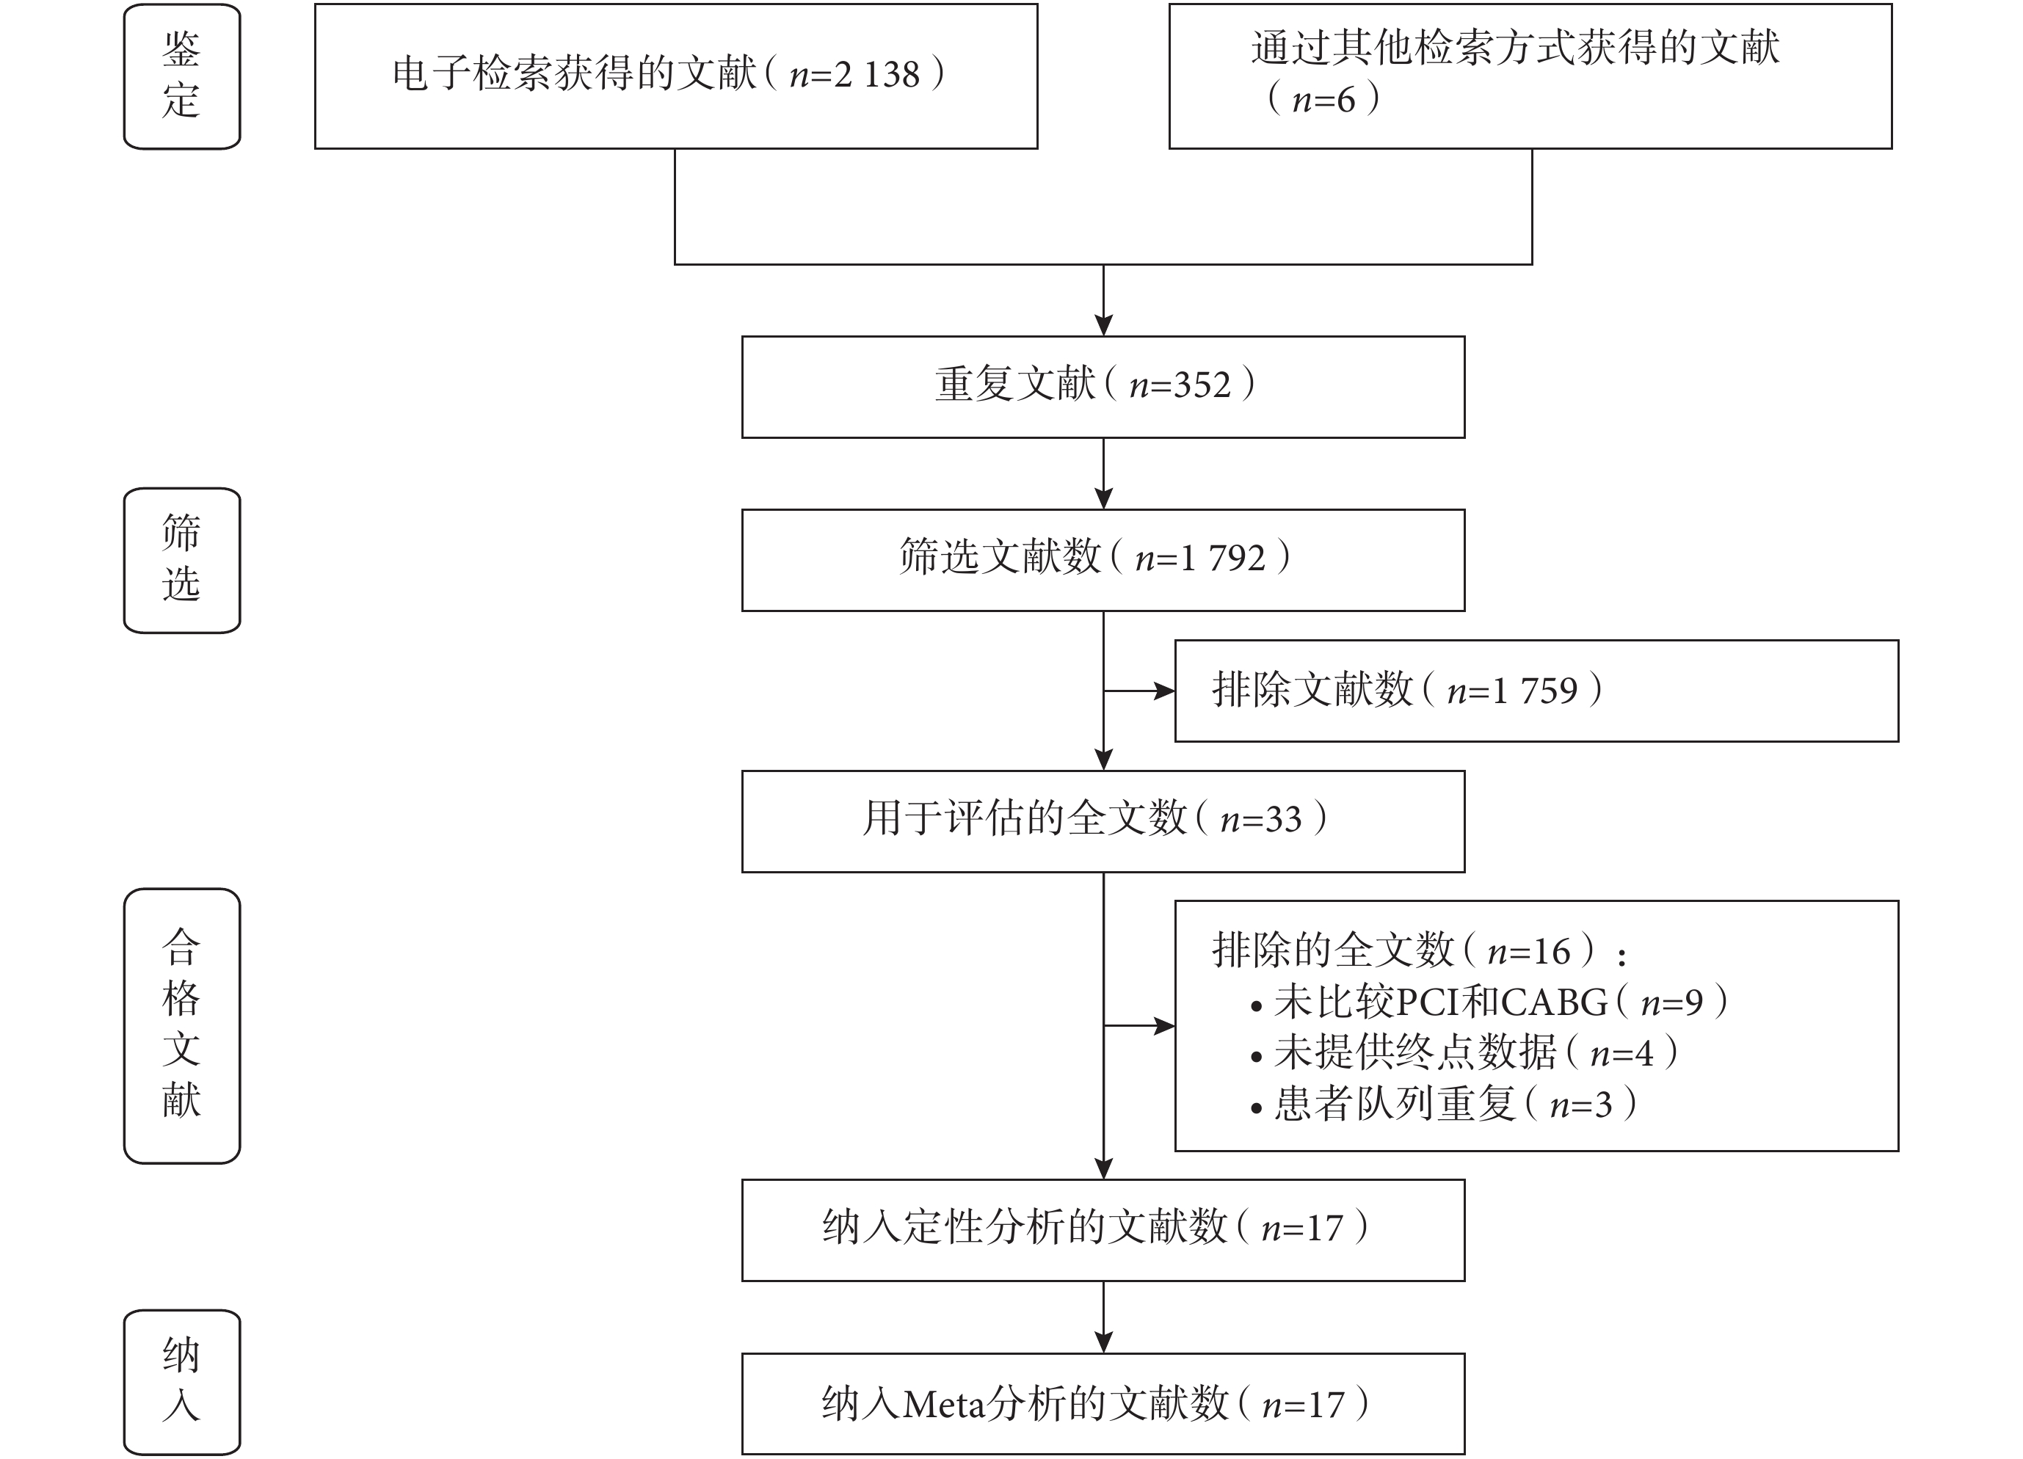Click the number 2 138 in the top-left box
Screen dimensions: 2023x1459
point(877,75)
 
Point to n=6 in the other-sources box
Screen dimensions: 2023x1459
point(1323,100)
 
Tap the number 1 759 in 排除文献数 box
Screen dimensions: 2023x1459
point(1534,691)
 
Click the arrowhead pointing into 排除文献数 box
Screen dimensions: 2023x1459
point(1164,691)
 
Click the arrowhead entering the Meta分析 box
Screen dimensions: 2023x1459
point(1103,1342)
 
